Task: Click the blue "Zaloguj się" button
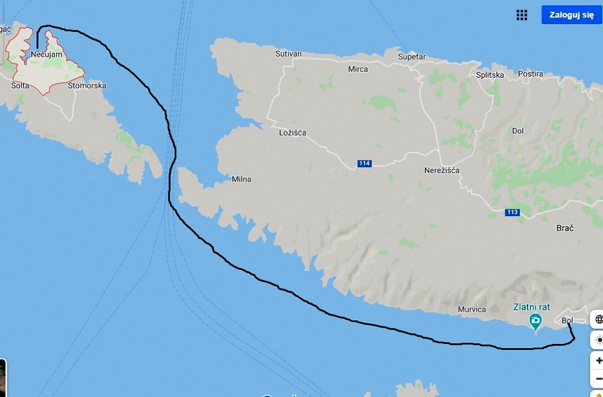[x=571, y=15]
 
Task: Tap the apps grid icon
[x=522, y=15]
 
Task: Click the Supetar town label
[x=412, y=57]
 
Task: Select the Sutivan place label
[x=288, y=54]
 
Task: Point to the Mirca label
[x=358, y=69]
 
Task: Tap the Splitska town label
[x=490, y=75]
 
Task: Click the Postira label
[x=530, y=74]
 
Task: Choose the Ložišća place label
[x=293, y=132]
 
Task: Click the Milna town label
[x=241, y=179]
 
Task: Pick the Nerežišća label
[x=442, y=170]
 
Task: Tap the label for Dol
[x=517, y=130]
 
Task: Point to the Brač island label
[x=564, y=228]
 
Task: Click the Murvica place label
[x=471, y=310]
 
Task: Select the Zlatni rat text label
[x=531, y=306]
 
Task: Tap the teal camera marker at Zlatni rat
[x=535, y=321]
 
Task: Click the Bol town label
[x=567, y=320]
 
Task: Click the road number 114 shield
[x=364, y=164]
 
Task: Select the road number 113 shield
[x=512, y=212]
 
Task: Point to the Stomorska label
[x=87, y=86]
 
